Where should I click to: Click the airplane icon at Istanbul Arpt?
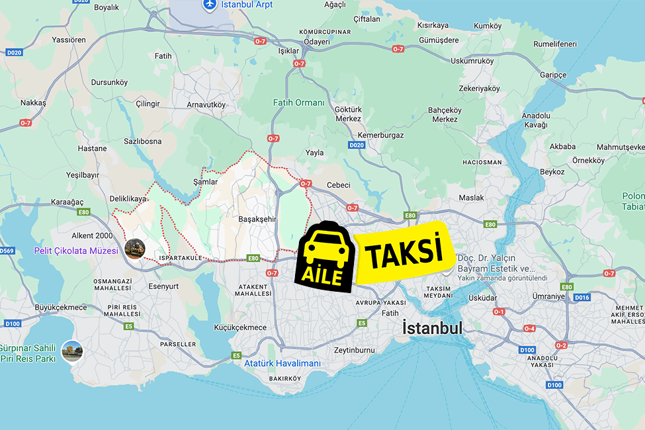(x=210, y=5)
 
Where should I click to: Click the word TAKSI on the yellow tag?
(x=403, y=253)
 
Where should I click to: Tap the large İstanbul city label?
(x=433, y=328)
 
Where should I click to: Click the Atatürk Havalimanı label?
(x=282, y=363)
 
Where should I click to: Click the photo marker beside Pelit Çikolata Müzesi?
(x=135, y=249)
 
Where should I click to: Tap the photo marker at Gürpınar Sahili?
(x=71, y=351)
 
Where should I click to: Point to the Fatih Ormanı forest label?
(x=299, y=103)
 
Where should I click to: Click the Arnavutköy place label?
(x=206, y=105)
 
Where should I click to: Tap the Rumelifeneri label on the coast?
(x=555, y=44)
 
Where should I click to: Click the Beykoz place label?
(x=552, y=171)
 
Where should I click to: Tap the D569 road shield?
(x=7, y=251)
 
